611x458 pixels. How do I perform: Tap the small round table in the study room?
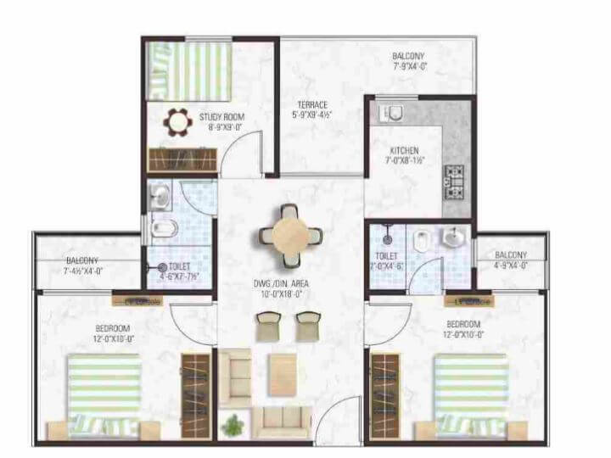coord(177,122)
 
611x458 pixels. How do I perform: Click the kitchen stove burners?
coord(457,176)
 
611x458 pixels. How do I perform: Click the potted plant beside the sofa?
coord(231,422)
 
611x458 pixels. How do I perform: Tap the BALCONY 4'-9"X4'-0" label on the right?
coord(510,260)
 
